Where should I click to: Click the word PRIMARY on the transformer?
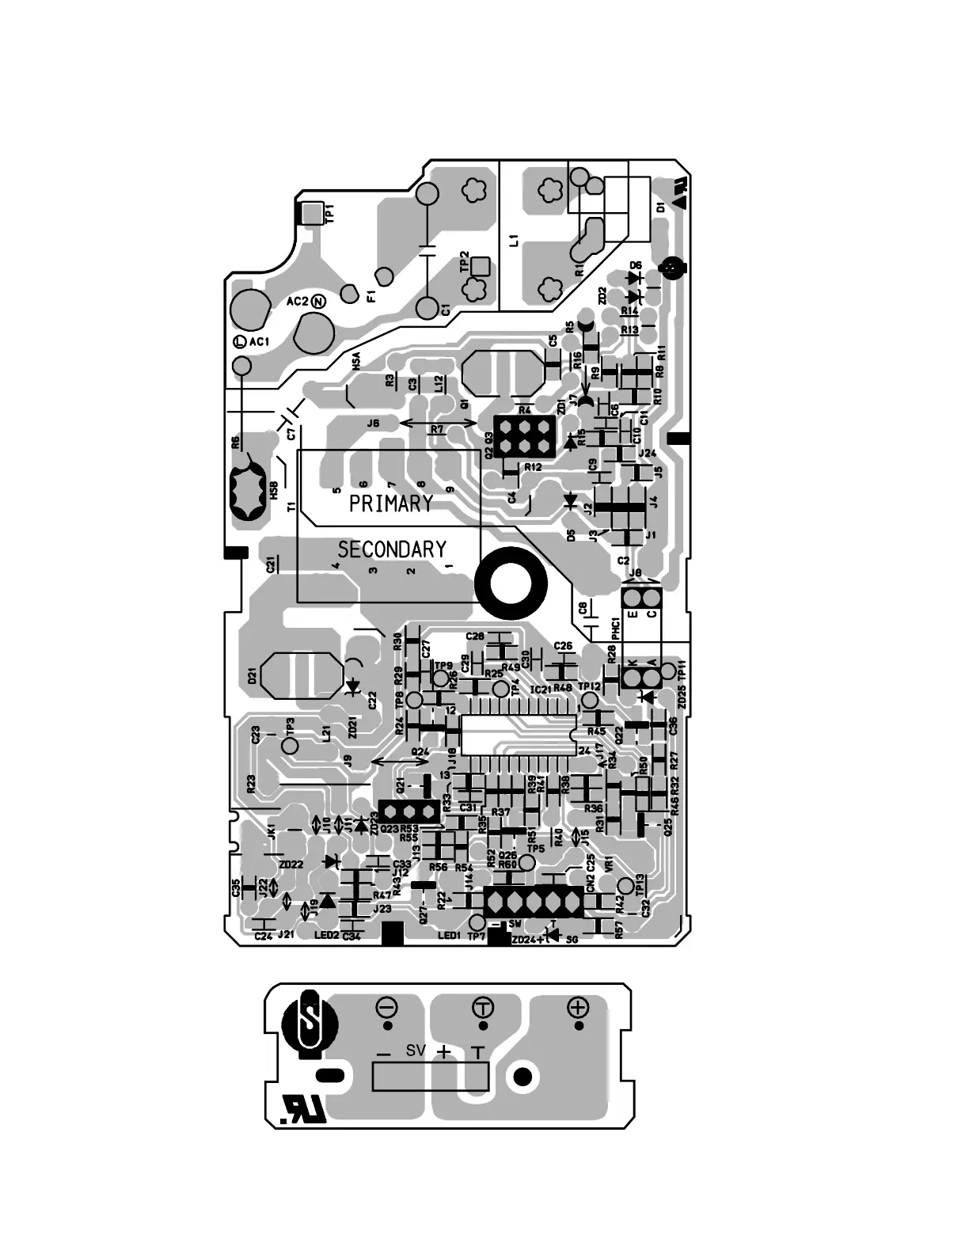[x=391, y=503]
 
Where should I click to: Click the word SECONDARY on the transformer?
[x=392, y=549]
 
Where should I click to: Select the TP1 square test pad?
[x=311, y=212]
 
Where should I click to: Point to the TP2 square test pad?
[x=479, y=267]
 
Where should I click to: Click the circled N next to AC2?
[x=317, y=301]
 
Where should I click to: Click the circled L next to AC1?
[x=239, y=342]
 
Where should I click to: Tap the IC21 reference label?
[x=541, y=690]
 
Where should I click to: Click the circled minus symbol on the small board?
[x=387, y=1008]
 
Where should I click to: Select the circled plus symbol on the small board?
[x=579, y=1007]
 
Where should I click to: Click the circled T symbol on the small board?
[x=482, y=1008]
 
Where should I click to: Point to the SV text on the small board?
[x=416, y=1051]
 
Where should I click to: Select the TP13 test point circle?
[x=625, y=884]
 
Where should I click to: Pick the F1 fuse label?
[x=372, y=298]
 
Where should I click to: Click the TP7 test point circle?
[x=477, y=923]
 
